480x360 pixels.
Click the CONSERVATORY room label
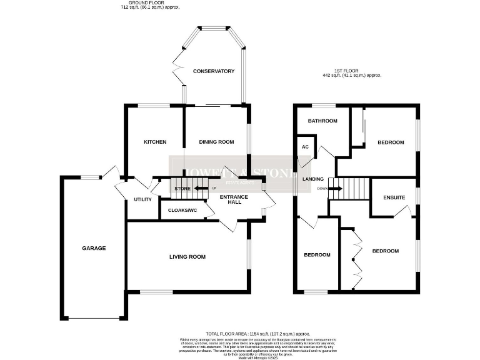(213, 71)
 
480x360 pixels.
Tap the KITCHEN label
(155, 142)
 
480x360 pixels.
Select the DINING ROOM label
(216, 142)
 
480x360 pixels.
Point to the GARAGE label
(94, 248)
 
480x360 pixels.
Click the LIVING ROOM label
(187, 257)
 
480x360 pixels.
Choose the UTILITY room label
(143, 199)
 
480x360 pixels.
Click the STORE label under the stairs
(182, 188)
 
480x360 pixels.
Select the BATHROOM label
(322, 121)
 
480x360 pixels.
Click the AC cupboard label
(306, 147)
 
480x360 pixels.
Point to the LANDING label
(313, 179)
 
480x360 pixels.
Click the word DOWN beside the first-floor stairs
(322, 188)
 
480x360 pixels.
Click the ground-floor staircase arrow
(202, 188)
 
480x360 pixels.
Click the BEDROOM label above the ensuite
(391, 142)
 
